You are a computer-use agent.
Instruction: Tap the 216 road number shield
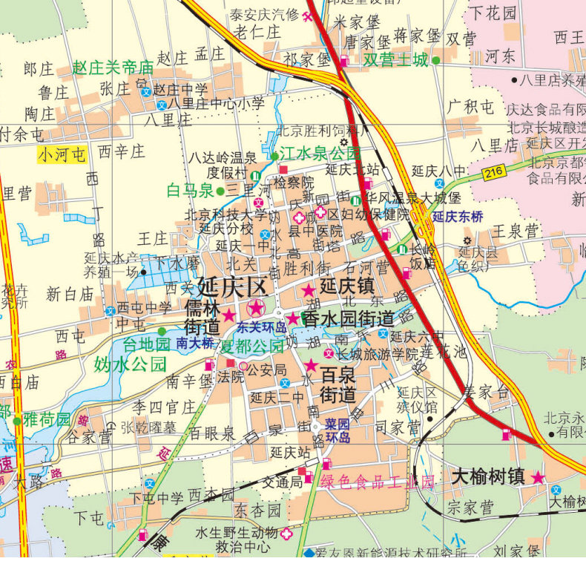click(x=495, y=173)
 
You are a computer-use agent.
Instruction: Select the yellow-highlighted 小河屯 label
click(x=62, y=154)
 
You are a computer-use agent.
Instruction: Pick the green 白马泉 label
click(x=190, y=191)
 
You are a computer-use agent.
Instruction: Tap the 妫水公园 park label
click(x=129, y=364)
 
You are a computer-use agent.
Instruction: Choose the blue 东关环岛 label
click(x=260, y=327)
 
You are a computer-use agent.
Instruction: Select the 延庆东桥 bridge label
click(x=458, y=217)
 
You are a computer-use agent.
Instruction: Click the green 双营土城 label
click(x=395, y=60)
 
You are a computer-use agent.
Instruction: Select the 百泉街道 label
click(x=338, y=384)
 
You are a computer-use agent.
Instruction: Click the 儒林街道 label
click(x=203, y=317)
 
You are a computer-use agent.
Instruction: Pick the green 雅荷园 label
click(x=46, y=420)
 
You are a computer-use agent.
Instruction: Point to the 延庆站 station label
click(x=290, y=452)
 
